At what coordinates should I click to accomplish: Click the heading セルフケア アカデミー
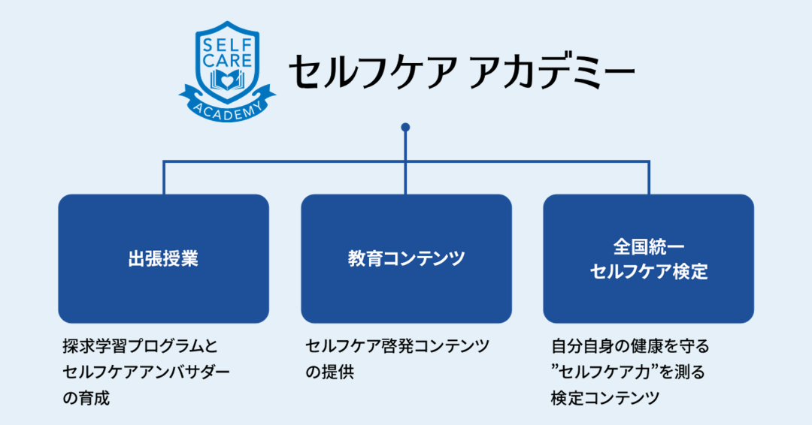(461, 72)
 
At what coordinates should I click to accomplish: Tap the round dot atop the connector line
(406, 127)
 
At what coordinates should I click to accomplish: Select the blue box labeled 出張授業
(163, 258)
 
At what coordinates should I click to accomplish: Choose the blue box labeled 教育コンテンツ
(406, 258)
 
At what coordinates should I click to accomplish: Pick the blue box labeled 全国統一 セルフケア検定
(648, 258)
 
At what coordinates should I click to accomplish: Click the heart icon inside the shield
(226, 79)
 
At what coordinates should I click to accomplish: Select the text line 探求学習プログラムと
(140, 347)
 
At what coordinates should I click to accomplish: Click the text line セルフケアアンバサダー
(147, 372)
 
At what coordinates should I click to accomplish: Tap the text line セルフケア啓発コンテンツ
(397, 347)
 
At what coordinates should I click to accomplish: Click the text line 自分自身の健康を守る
(630, 347)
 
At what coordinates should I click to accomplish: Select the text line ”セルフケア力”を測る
(628, 372)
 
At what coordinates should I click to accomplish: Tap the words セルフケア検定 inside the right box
(649, 271)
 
